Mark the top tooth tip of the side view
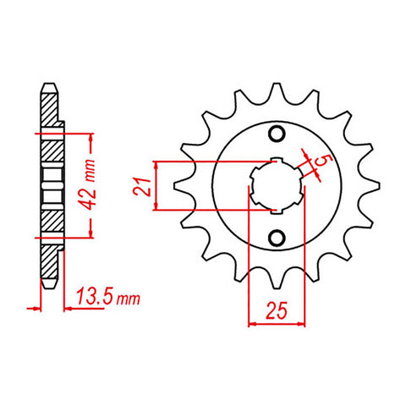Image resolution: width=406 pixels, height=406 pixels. [x=51, y=85]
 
